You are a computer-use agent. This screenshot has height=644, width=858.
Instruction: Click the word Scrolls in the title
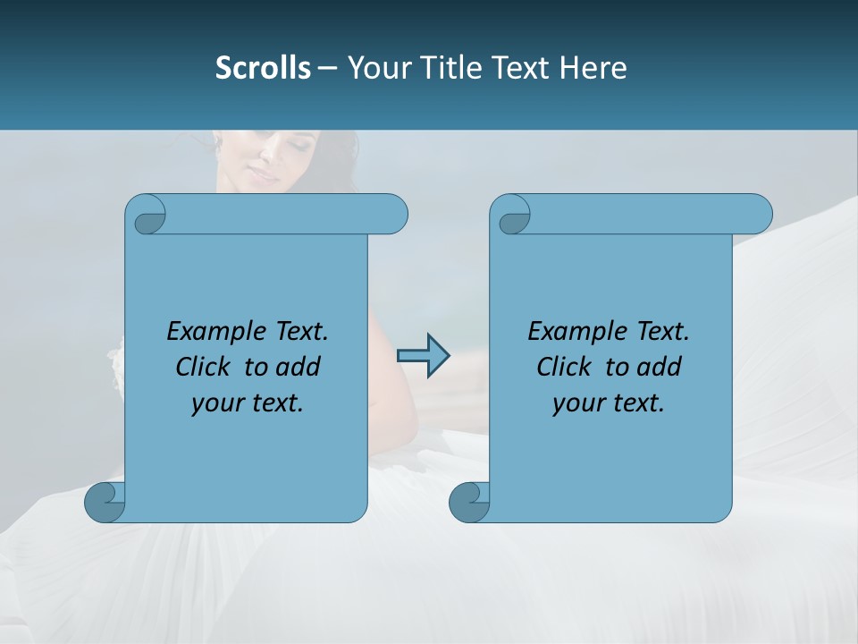(263, 67)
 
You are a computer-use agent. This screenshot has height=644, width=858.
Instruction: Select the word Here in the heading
(593, 67)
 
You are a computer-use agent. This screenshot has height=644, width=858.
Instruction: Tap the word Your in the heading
(376, 67)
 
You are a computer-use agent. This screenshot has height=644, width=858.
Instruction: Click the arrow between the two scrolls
(423, 356)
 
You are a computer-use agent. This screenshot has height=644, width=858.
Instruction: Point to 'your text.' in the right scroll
(609, 402)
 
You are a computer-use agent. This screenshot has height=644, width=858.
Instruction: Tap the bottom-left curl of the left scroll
(105, 502)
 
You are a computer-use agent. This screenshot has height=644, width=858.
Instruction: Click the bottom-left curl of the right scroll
(469, 502)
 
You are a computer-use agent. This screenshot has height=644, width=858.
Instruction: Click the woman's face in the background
(268, 161)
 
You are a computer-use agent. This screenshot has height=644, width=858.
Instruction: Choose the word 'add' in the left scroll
(298, 367)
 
